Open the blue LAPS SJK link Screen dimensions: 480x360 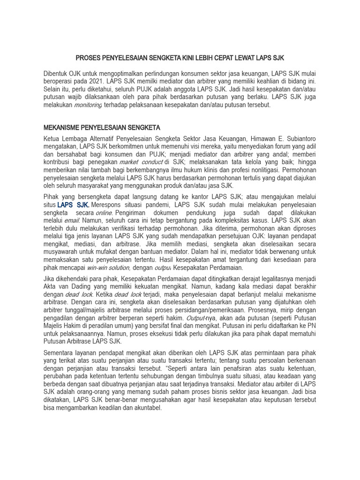(x=73, y=205)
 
